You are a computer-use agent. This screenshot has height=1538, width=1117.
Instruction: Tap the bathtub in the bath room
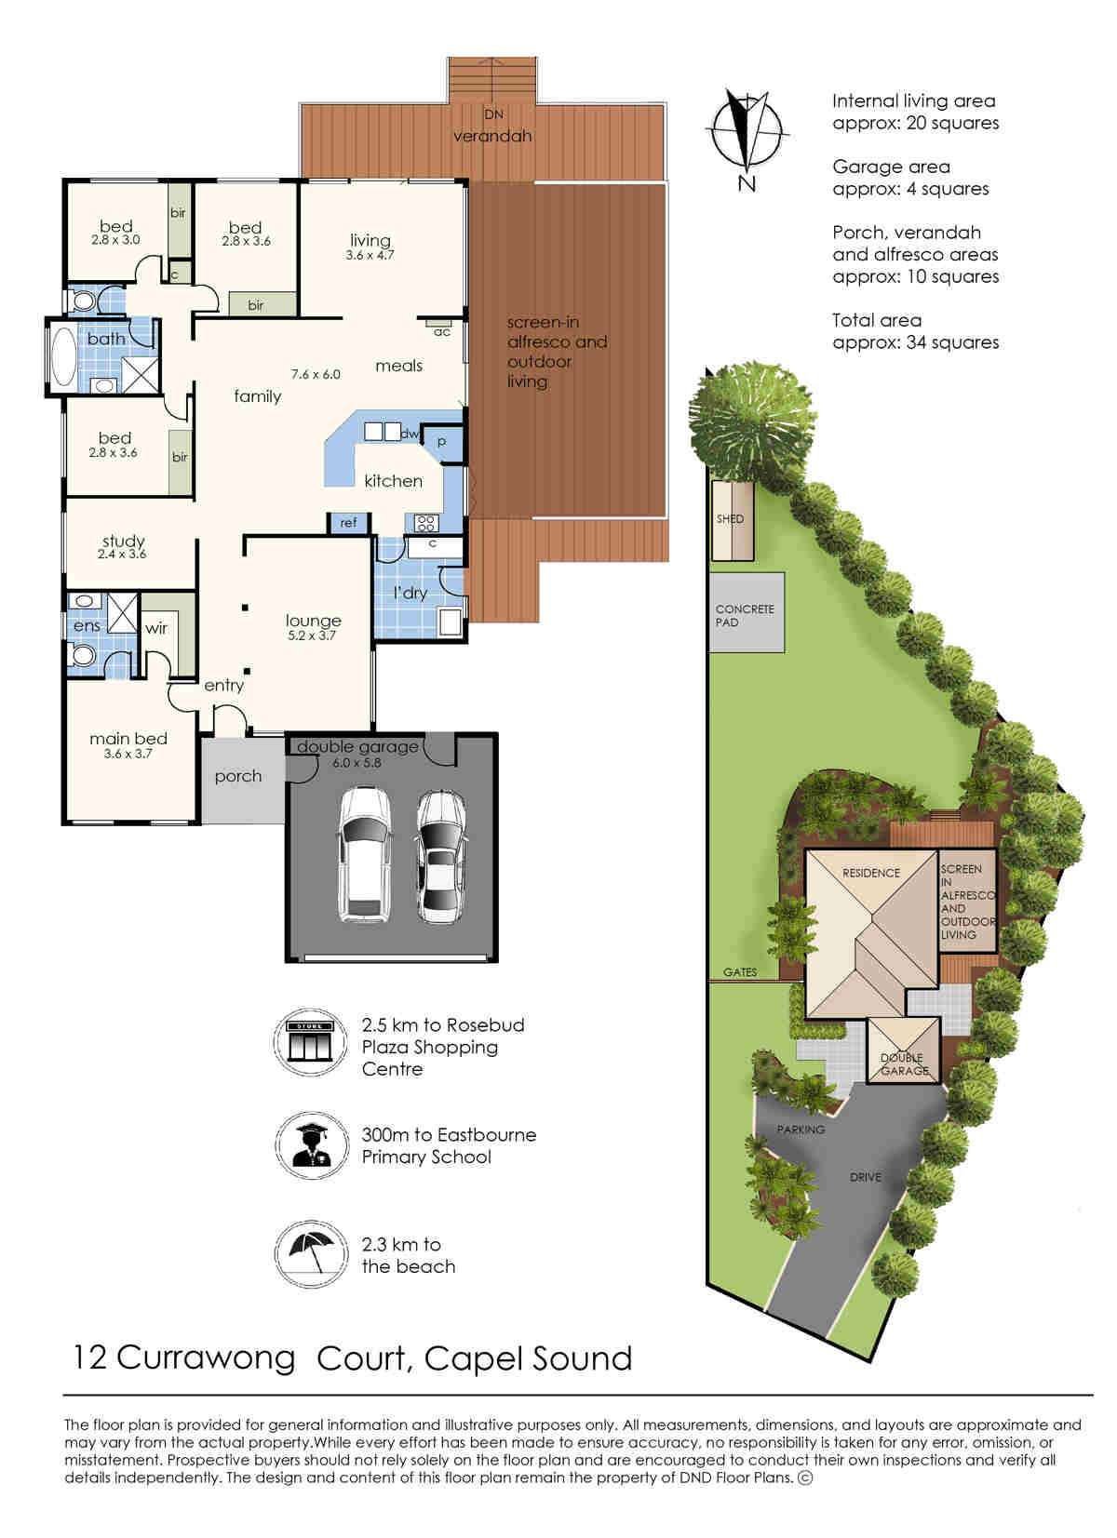(x=64, y=355)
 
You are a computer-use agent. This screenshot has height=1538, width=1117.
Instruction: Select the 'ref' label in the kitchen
(x=348, y=523)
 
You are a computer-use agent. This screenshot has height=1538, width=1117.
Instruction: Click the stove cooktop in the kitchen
(x=426, y=524)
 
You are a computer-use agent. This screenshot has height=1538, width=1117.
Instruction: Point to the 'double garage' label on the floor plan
(x=357, y=746)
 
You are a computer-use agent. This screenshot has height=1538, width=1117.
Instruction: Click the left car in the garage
(x=364, y=854)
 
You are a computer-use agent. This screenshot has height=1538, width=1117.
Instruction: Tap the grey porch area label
(x=237, y=777)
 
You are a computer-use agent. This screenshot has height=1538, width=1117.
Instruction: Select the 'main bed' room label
(x=128, y=739)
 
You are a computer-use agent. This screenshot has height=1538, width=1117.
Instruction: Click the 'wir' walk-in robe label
(x=156, y=628)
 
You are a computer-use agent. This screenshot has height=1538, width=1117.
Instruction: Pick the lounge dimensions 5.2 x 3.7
(x=312, y=635)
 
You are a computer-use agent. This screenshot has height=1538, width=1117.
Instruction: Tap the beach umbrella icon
(x=311, y=1254)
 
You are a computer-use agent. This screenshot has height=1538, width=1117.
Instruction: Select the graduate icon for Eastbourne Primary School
(x=311, y=1146)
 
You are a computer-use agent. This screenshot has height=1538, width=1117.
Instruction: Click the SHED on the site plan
(x=733, y=520)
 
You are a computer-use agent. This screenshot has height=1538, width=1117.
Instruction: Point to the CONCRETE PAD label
(x=745, y=616)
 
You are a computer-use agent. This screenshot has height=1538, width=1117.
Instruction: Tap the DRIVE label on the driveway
(x=866, y=1178)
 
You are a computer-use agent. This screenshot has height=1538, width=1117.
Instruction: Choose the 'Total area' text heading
(x=877, y=321)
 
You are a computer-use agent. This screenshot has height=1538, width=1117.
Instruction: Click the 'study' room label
(x=124, y=542)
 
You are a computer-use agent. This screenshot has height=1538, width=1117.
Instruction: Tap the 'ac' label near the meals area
(x=442, y=332)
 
